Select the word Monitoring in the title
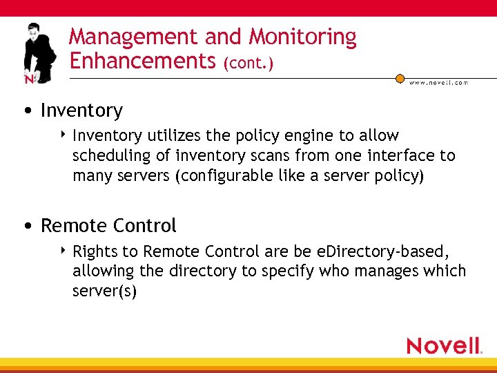(302, 37)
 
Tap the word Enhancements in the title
(143, 61)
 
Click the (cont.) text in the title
(248, 64)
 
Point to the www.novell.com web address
(438, 82)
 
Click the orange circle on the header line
(400, 78)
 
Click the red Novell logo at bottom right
(444, 345)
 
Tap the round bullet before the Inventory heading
(26, 111)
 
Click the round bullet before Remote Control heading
(26, 227)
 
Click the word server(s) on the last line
(104, 291)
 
